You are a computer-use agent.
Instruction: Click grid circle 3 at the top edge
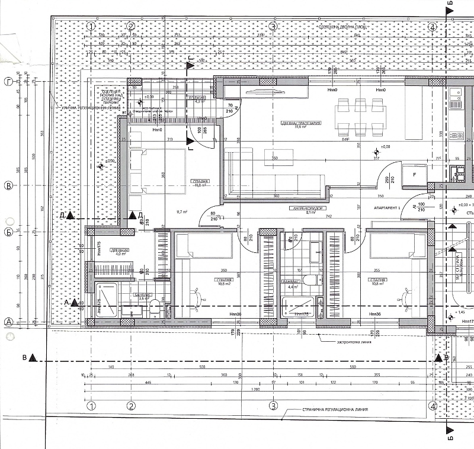(273, 27)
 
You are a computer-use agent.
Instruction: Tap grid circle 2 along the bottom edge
(132, 406)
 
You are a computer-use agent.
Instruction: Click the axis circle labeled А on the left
(8, 322)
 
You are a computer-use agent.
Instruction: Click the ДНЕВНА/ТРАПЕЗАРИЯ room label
(302, 123)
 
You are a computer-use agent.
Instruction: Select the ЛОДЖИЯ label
(197, 97)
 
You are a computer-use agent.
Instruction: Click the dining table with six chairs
(361, 116)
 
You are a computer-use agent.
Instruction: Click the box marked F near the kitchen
(414, 175)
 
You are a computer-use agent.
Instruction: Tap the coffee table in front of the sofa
(278, 157)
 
